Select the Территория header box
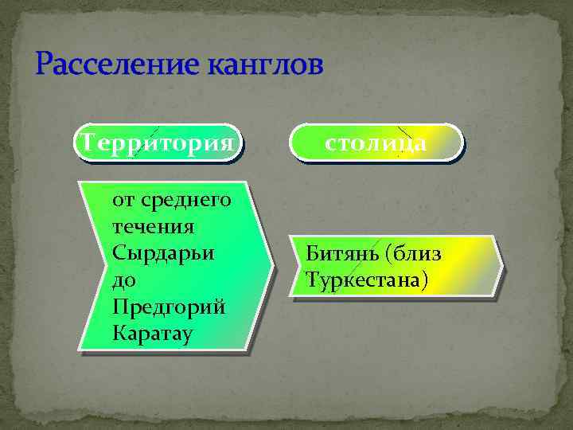point(157,143)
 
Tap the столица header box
point(376,143)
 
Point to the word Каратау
point(152,334)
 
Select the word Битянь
point(341,255)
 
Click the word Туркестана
point(363,280)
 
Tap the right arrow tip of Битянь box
point(501,267)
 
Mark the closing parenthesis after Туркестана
point(425,280)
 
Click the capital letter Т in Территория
point(81,143)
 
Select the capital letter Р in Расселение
point(45,64)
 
